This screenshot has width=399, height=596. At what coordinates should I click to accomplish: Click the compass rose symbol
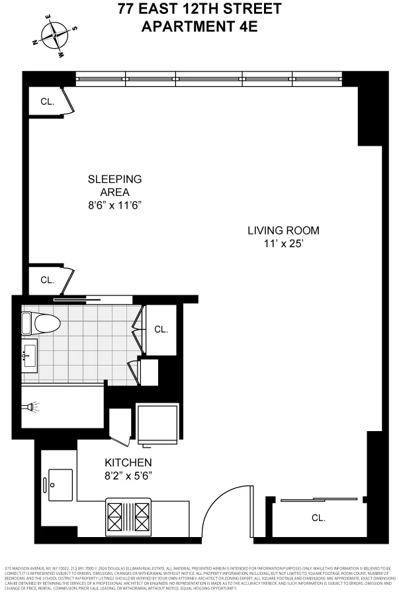[55, 36]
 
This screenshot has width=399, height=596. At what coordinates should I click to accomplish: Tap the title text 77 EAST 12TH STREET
[199, 9]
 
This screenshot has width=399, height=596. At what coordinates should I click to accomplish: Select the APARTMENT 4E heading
[199, 26]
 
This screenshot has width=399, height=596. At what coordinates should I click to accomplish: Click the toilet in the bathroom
[40, 324]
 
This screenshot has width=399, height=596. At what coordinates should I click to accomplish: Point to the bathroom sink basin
[30, 356]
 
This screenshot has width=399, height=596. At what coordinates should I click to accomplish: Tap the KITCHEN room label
[128, 462]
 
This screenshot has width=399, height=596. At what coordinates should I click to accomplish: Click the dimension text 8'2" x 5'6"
[128, 475]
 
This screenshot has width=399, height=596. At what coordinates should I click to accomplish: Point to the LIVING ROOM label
[283, 230]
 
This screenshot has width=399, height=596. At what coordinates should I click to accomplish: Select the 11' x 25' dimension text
[283, 244]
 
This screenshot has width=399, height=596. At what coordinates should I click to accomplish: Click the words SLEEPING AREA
[116, 185]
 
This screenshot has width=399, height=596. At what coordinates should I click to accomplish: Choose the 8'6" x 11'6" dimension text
[116, 205]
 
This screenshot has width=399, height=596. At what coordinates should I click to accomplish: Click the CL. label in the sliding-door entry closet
[318, 519]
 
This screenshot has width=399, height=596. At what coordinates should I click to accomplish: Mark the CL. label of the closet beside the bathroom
[161, 329]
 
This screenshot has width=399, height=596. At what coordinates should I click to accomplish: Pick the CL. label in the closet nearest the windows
[46, 102]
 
